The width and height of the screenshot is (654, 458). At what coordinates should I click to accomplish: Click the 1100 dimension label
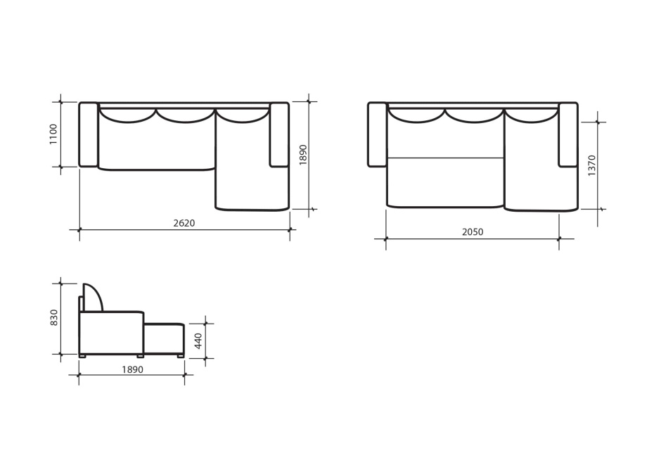pos(53,134)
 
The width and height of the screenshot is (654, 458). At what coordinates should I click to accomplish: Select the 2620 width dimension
pos(184,223)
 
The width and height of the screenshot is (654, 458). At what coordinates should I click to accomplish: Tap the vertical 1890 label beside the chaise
pos(303,155)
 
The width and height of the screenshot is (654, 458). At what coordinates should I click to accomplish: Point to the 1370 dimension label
pos(592,165)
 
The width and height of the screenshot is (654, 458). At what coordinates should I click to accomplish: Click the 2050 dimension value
pos(473,232)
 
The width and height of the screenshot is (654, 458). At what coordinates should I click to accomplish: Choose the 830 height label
pos(54,317)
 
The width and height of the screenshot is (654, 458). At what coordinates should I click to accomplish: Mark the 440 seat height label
pos(198,341)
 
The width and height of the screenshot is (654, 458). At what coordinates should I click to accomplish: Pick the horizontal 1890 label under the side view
pos(133,369)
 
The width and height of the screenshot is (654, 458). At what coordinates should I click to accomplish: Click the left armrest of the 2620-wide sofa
pos(88,134)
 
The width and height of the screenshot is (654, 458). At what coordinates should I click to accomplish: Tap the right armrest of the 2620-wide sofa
pos(279,134)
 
